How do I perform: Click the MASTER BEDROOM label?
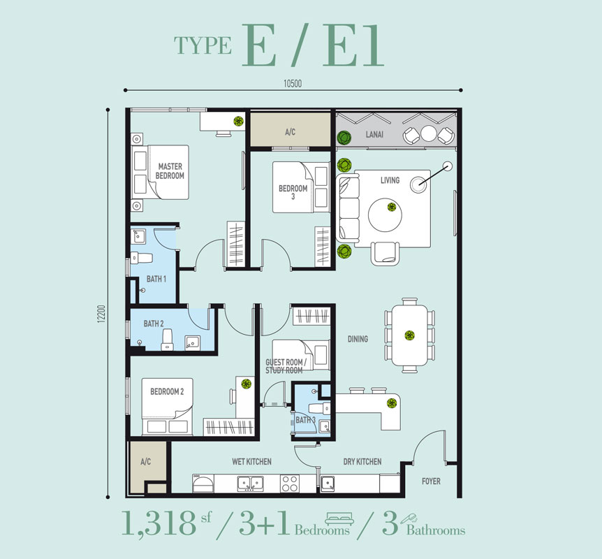coord(170,171)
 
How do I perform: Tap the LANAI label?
coord(374,134)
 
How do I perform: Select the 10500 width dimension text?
coord(293,83)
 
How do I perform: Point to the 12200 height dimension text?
coord(101,314)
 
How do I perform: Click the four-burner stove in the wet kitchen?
coord(290,484)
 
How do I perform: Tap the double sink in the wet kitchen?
coord(249,484)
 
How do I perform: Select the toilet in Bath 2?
coord(168,340)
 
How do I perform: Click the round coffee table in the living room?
coord(385,215)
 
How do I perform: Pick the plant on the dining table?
coord(410,335)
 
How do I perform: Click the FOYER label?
coord(431,481)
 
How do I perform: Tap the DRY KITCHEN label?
coord(362,461)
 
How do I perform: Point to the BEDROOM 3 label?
coord(293,192)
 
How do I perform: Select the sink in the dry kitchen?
coord(328,484)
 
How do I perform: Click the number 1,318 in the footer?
coord(159,523)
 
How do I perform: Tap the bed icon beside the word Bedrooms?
coord(339,518)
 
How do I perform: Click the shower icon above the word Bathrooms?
coord(409,518)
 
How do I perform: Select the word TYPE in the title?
coord(203,45)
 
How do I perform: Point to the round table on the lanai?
coord(429,133)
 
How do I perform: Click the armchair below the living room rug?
coord(385,254)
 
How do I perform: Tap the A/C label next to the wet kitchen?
coord(146,461)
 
